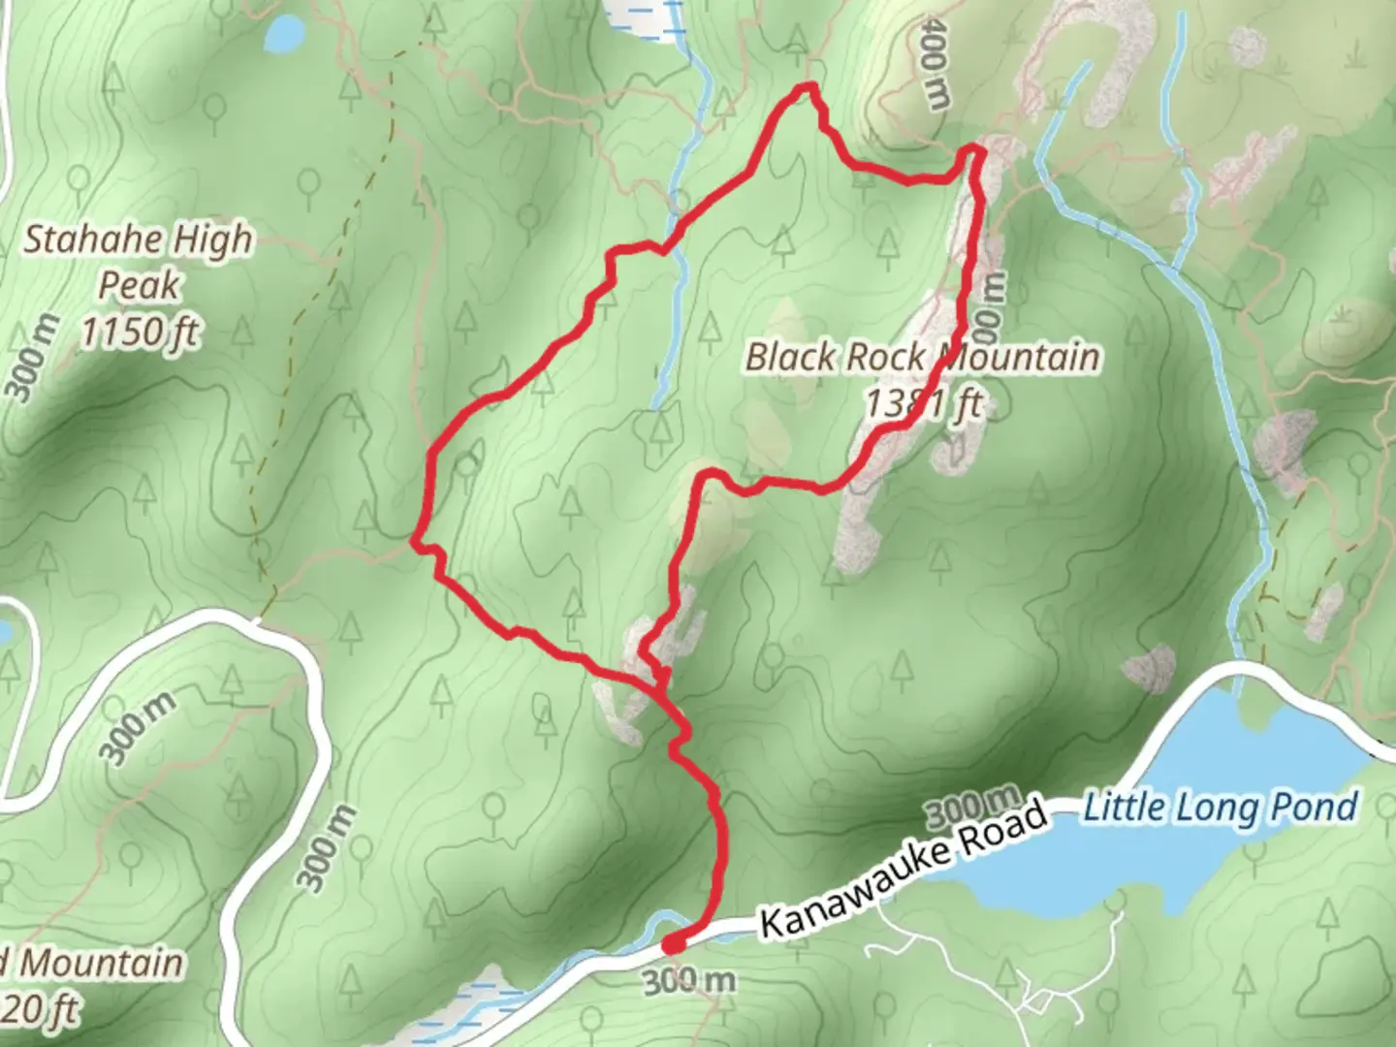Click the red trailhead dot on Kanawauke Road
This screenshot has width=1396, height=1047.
point(673,942)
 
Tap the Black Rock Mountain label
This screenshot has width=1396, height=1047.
point(922,357)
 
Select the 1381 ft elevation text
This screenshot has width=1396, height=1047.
point(924,402)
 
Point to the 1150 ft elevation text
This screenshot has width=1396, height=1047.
point(139,333)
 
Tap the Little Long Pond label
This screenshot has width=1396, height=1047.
point(1221,807)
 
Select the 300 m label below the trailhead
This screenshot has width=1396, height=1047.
point(689,981)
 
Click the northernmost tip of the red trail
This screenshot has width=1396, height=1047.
point(804,88)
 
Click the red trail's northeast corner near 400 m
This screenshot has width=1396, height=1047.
point(974,152)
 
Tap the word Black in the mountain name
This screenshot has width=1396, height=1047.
point(788,357)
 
